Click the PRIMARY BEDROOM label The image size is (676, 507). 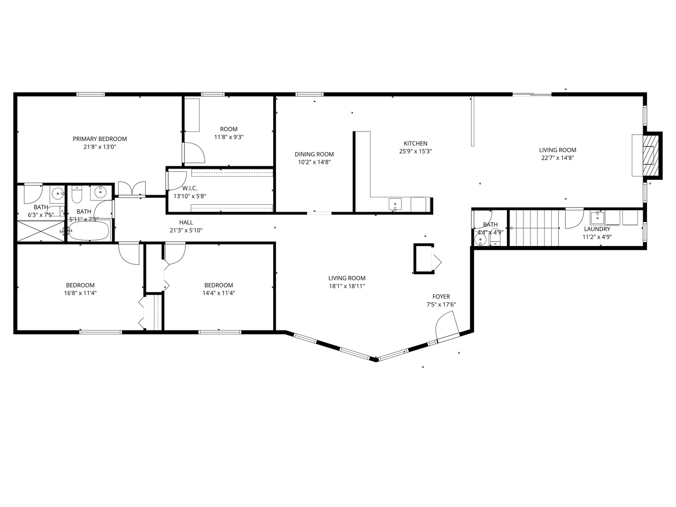click(x=100, y=139)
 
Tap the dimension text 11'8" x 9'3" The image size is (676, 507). click(x=229, y=138)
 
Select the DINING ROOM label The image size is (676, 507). click(x=314, y=154)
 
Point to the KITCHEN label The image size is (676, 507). click(x=415, y=144)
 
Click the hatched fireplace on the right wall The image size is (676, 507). click(x=650, y=155)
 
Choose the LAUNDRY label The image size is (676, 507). click(x=597, y=229)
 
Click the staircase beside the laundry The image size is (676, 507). click(x=534, y=228)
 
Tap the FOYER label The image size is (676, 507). click(x=441, y=297)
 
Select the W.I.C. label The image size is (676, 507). click(x=190, y=188)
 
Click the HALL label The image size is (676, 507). click(x=186, y=223)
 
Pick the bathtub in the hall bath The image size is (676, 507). click(x=89, y=231)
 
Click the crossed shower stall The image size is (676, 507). click(x=40, y=231)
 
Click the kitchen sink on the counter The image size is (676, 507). click(x=395, y=204)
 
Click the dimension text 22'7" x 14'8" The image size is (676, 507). click(x=557, y=158)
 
